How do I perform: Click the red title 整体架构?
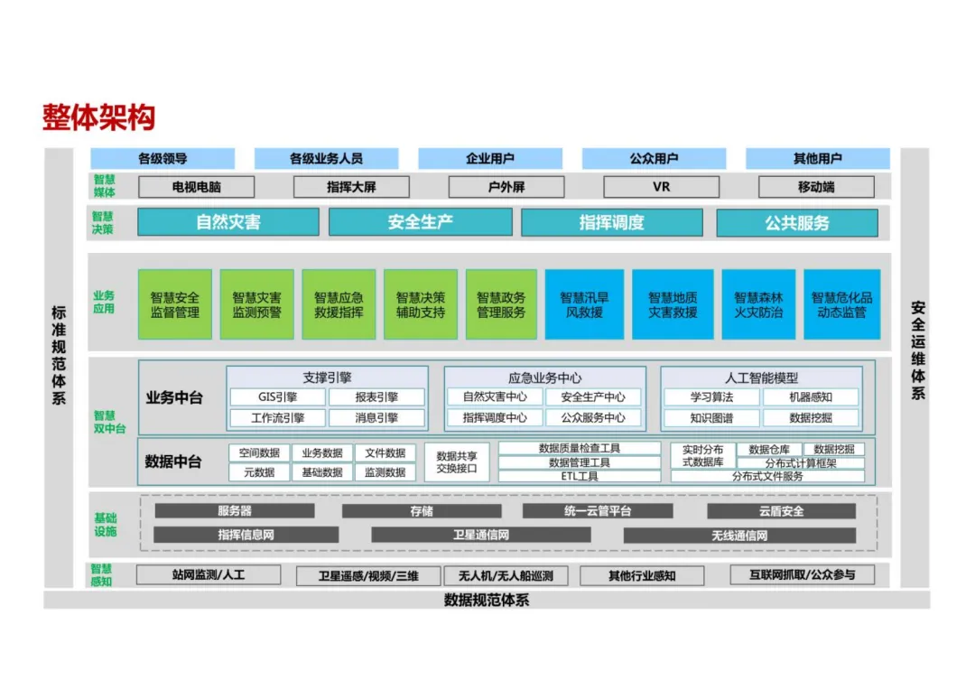pyautogui.click(x=98, y=117)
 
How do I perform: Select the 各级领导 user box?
pyautogui.click(x=162, y=159)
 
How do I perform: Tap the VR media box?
pyautogui.click(x=661, y=187)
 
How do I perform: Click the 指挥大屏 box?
pyautogui.click(x=351, y=187)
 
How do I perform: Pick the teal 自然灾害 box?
pyautogui.click(x=228, y=222)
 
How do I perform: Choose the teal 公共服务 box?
pyautogui.click(x=796, y=222)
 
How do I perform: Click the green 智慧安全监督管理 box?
pyautogui.click(x=175, y=304)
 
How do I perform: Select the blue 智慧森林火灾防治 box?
pyautogui.click(x=758, y=304)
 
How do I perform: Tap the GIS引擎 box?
pyautogui.click(x=275, y=396)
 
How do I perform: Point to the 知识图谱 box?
pyautogui.click(x=711, y=418)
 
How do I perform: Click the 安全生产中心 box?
pyautogui.click(x=592, y=396)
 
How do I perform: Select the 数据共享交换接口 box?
pyautogui.click(x=456, y=462)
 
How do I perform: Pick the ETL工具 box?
pyautogui.click(x=580, y=476)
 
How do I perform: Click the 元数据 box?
pyautogui.click(x=258, y=472)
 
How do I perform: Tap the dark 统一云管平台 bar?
pyautogui.click(x=597, y=511)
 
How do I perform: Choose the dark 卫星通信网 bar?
pyautogui.click(x=480, y=535)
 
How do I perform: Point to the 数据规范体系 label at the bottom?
pyautogui.click(x=487, y=600)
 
